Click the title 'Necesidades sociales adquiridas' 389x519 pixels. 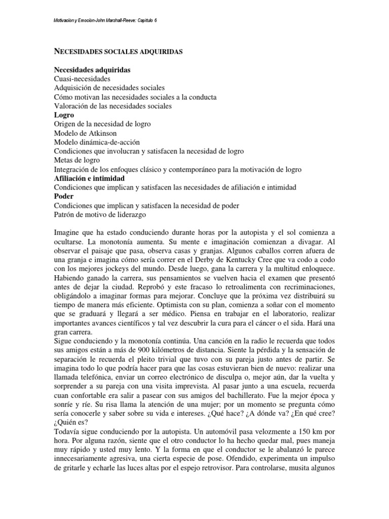(x=118, y=52)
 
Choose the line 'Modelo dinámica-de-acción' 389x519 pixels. (x=97, y=142)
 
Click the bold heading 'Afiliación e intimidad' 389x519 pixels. (x=96, y=178)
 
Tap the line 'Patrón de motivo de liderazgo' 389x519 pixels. (x=100, y=215)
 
